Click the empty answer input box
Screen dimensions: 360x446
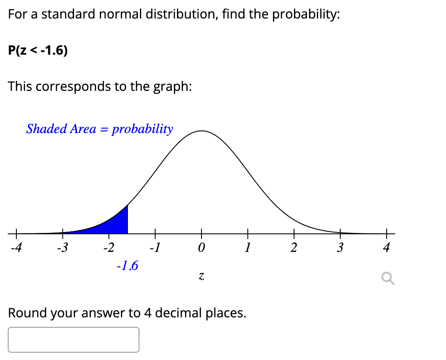pos(74,340)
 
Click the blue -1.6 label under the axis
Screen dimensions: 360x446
pos(127,266)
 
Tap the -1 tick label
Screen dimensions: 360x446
pos(154,248)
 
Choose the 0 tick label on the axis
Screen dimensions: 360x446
pos(201,248)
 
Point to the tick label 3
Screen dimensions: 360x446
pos(340,248)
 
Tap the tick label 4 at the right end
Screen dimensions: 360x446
pos(386,248)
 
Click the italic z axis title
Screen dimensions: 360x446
pos(201,278)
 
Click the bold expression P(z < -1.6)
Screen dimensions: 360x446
pos(38,51)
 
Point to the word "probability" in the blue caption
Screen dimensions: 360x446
pos(142,129)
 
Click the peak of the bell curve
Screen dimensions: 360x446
pos(201,130)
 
